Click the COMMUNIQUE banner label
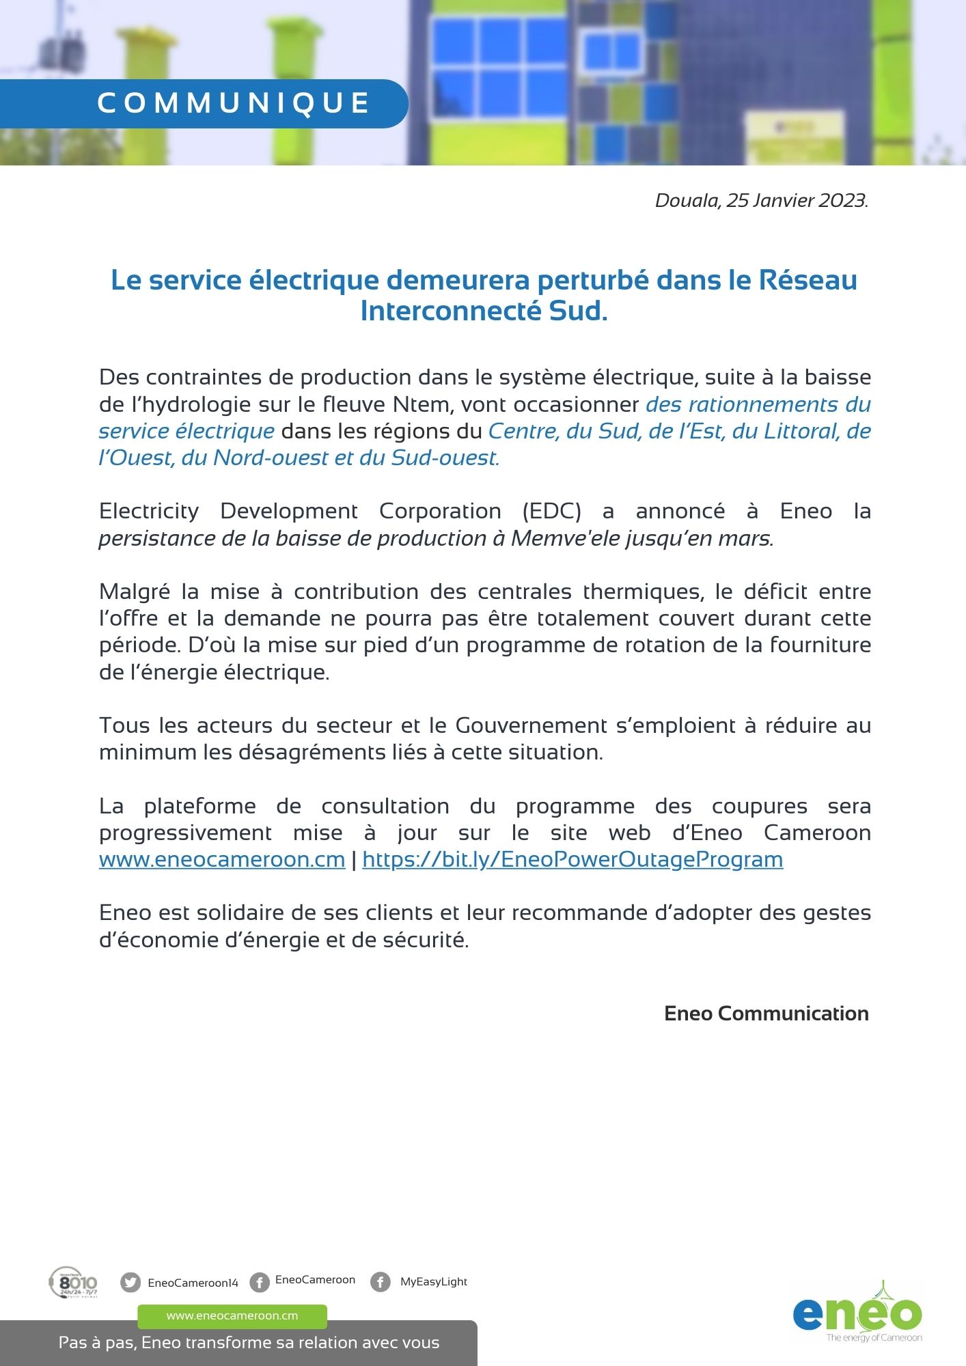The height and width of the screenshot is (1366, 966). (233, 103)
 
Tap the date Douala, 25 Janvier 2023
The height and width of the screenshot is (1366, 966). (761, 200)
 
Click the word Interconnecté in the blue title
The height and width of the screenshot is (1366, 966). (451, 311)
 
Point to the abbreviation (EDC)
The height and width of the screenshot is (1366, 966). (551, 511)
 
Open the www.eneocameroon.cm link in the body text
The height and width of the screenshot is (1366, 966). (222, 859)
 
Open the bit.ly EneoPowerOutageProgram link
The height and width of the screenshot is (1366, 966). (572, 859)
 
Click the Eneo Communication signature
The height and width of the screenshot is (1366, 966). (766, 1014)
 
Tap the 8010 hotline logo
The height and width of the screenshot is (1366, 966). (74, 1282)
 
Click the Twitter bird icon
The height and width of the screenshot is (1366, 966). (130, 1282)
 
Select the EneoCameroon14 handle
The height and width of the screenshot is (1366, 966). (193, 1283)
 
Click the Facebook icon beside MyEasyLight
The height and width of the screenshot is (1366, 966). (381, 1281)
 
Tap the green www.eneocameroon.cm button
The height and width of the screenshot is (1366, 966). (232, 1315)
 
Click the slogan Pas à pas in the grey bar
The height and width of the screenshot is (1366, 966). (249, 1343)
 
